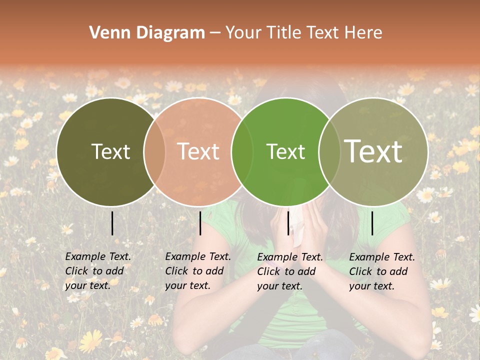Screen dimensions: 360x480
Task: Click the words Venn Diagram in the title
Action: tap(147, 33)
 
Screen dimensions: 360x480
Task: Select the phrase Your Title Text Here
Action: tap(303, 33)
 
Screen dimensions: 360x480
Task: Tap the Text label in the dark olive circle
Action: tap(110, 151)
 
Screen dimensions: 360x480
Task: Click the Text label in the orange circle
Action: tap(198, 151)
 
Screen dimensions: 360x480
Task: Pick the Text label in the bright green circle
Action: tap(285, 151)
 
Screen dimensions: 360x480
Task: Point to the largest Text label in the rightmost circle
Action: tap(373, 151)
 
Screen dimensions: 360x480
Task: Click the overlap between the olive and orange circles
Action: tap(154, 151)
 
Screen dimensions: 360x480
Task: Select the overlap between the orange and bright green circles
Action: tap(242, 151)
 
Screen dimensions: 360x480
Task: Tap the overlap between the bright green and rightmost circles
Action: tap(329, 151)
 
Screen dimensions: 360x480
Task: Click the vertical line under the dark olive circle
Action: tap(112, 223)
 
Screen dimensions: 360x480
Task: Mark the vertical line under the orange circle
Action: tap(200, 223)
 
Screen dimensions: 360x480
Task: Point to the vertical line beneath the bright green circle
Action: tap(288, 223)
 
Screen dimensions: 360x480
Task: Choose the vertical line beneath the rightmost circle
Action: tap(372, 223)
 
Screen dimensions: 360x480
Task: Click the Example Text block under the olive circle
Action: tap(98, 270)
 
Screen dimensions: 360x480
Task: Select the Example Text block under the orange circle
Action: tap(198, 270)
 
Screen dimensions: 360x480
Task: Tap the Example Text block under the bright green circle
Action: tap(290, 271)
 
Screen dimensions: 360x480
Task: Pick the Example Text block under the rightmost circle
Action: tap(382, 271)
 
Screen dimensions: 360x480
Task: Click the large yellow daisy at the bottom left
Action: tap(90, 341)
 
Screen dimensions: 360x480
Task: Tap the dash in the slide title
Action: tap(215, 33)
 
